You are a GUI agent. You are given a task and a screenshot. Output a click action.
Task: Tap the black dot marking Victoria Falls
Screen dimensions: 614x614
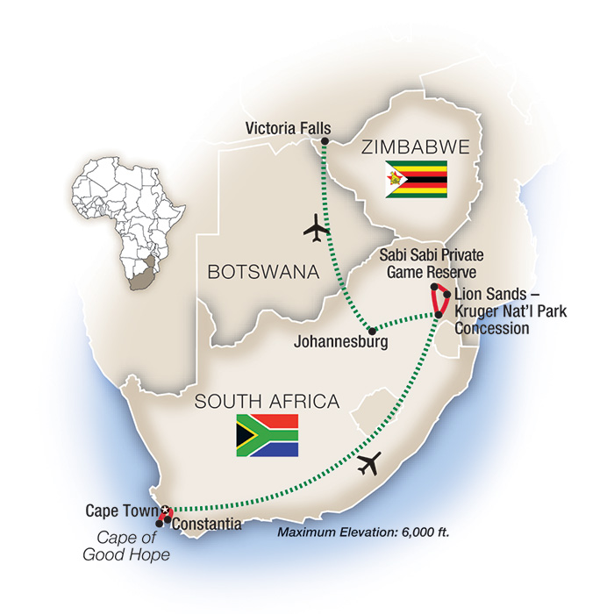coord(325,141)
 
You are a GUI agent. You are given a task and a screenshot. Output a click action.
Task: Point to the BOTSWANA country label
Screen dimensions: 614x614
coord(261,273)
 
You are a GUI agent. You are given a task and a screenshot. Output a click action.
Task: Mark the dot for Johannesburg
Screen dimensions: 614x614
coord(373,331)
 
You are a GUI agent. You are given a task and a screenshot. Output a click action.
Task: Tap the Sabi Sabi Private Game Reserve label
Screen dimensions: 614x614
coord(432,261)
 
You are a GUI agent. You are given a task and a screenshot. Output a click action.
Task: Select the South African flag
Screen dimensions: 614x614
coord(267,436)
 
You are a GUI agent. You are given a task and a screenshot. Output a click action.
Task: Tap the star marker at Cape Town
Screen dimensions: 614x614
coord(163,509)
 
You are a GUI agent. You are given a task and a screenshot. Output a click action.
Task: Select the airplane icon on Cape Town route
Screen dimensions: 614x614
coord(371,463)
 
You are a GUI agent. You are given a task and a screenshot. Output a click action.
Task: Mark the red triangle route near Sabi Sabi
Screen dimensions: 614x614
coord(440,301)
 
